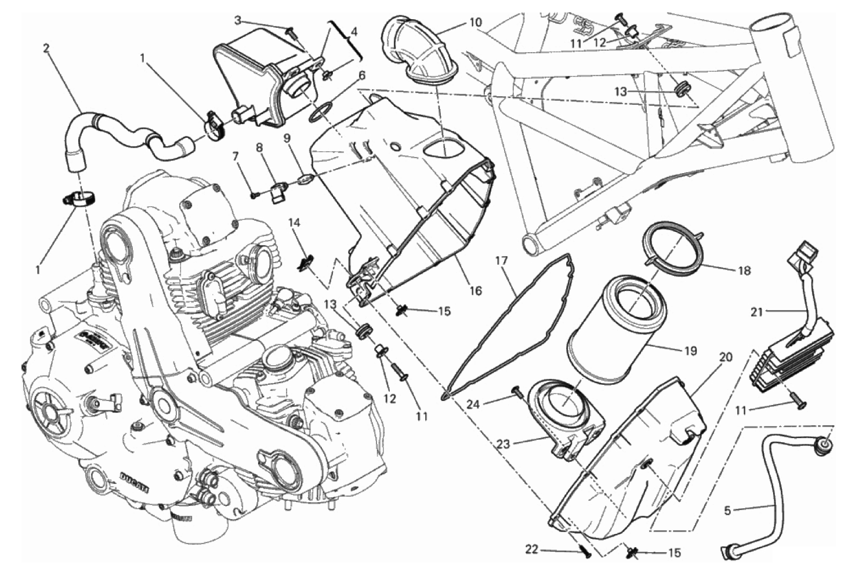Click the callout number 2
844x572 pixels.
click(x=46, y=48)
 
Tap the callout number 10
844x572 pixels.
click(x=475, y=23)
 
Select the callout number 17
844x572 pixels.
click(x=502, y=261)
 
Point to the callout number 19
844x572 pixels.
click(x=690, y=351)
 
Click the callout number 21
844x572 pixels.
click(x=756, y=312)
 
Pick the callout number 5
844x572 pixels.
click(x=728, y=511)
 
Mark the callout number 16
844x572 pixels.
click(x=475, y=291)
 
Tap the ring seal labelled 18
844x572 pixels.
click(x=673, y=249)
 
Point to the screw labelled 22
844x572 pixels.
click(x=586, y=552)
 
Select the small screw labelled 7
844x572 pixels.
click(x=254, y=195)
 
